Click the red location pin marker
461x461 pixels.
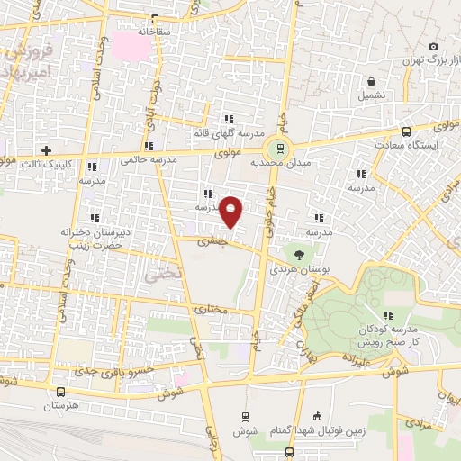pyautogui.click(x=232, y=212)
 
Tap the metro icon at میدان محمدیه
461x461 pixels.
pyautogui.click(x=280, y=148)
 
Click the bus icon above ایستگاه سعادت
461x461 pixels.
pyautogui.click(x=407, y=131)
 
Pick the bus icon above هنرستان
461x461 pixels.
pyautogui.click(x=61, y=393)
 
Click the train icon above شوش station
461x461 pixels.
pyautogui.click(x=245, y=416)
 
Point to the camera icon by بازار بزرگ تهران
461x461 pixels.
pyautogui.click(x=434, y=47)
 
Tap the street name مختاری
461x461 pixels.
pyautogui.click(x=212, y=309)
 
